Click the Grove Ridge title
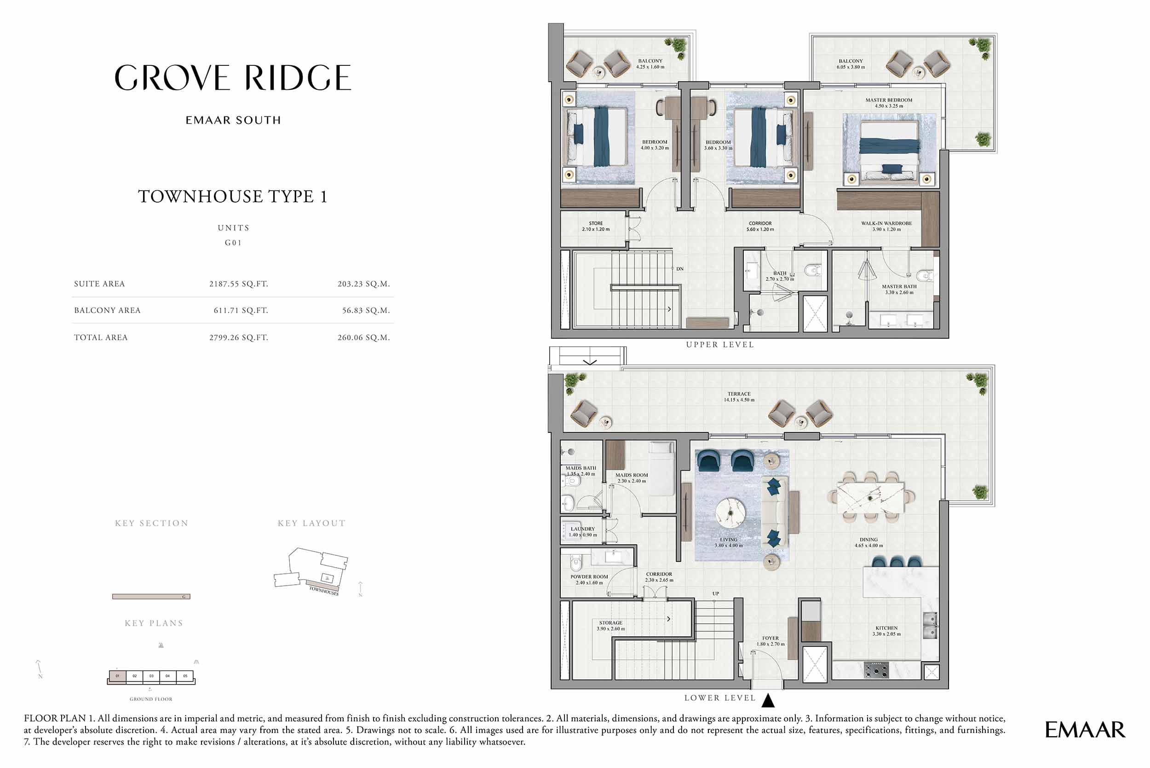233,78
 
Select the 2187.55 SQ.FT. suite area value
238,284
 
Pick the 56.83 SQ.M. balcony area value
366,310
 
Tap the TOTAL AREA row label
101,337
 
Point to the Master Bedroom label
889,103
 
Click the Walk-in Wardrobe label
886,226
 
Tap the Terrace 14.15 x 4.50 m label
739,397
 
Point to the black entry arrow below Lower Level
768,701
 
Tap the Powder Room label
589,579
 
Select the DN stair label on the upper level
680,269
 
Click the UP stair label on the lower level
715,593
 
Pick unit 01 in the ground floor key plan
117,676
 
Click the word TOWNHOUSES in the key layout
323,591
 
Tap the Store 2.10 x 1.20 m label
596,226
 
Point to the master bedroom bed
889,147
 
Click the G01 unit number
233,243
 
